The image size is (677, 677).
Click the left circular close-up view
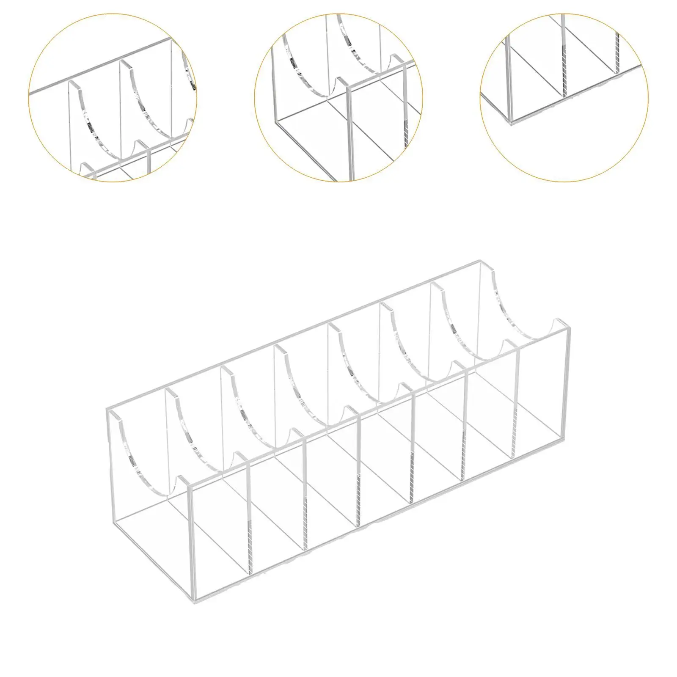pos(113,97)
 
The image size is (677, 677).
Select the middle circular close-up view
pos(338,97)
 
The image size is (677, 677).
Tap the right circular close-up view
pos(564,97)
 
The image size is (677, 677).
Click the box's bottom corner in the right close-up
pos(511,123)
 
